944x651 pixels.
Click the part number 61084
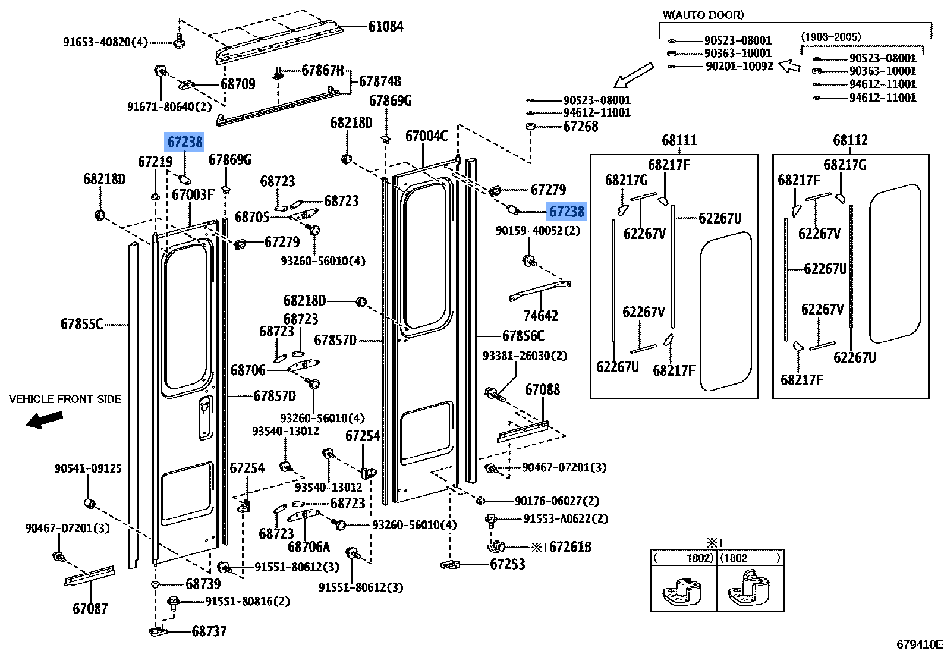click(386, 27)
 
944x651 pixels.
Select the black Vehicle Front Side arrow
click(44, 420)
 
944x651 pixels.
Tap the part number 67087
click(90, 608)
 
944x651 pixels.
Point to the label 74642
click(541, 316)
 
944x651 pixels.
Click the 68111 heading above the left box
click(679, 140)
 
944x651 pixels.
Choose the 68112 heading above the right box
click(851, 140)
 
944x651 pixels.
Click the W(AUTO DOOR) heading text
click(703, 15)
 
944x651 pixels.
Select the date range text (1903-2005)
click(830, 37)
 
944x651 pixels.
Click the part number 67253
click(508, 564)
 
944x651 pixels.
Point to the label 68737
click(209, 631)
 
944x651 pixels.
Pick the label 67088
click(542, 389)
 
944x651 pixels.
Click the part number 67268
click(580, 127)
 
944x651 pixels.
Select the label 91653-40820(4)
click(105, 42)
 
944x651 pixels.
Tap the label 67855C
click(82, 324)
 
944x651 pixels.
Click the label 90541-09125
click(87, 468)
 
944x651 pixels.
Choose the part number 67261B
click(571, 547)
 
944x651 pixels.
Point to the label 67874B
click(380, 81)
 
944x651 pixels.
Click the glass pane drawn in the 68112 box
click(895, 263)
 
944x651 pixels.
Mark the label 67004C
click(426, 136)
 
